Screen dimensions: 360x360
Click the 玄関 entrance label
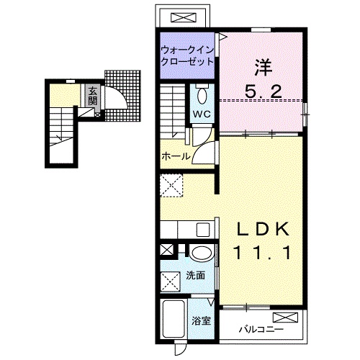tap(92, 96)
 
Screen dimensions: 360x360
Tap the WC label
tap(202, 114)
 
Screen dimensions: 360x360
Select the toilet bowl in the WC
tap(202, 96)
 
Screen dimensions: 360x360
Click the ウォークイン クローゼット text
tap(187, 56)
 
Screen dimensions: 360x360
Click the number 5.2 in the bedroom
tap(263, 91)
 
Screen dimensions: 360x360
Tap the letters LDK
tap(263, 230)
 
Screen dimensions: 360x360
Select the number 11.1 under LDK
tap(264, 253)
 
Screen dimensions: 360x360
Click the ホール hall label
tap(176, 157)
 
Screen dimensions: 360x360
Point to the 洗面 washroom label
tap(196, 276)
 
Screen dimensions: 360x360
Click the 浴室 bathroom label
tap(201, 321)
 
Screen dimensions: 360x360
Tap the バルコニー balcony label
tap(261, 329)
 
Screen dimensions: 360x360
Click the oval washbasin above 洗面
tap(202, 253)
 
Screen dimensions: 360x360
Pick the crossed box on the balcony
tap(285, 318)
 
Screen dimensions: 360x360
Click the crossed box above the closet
tap(183, 17)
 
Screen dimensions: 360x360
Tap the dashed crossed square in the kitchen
tap(171, 186)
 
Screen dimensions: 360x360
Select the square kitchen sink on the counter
tap(203, 230)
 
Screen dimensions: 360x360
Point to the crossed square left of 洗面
tap(170, 282)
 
